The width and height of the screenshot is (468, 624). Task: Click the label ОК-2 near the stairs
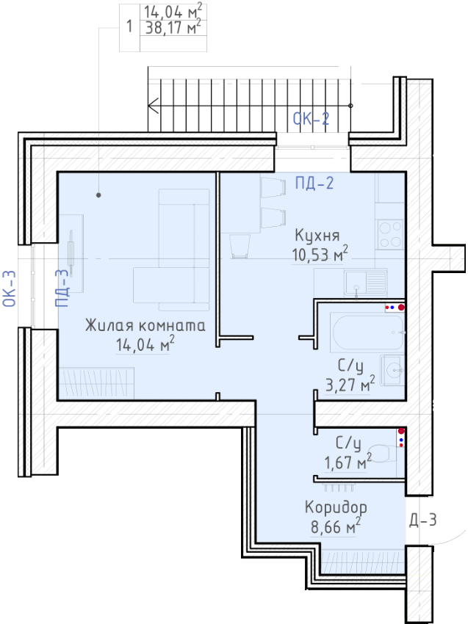(311, 119)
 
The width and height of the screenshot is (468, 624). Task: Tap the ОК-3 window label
(10, 289)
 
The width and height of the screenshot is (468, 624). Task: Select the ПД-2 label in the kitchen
(314, 183)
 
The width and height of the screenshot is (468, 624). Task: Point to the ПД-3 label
(62, 288)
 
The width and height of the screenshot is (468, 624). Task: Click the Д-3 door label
(423, 520)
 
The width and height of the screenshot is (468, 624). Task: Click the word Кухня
(317, 235)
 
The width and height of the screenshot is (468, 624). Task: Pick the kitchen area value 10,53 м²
(320, 255)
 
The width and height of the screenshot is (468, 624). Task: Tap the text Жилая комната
(145, 325)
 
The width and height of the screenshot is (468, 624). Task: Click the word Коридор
(336, 507)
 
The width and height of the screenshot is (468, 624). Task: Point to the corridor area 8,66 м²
(336, 526)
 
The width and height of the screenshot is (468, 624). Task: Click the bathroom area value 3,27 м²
(350, 384)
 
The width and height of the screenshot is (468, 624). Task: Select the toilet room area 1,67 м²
(348, 462)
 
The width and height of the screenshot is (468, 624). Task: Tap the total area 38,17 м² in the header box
(173, 27)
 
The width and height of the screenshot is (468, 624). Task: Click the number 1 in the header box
(129, 26)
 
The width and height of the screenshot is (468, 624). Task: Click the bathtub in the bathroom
(367, 333)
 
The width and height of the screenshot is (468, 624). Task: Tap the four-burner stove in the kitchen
(390, 235)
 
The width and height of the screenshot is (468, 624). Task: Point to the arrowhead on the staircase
(153, 106)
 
